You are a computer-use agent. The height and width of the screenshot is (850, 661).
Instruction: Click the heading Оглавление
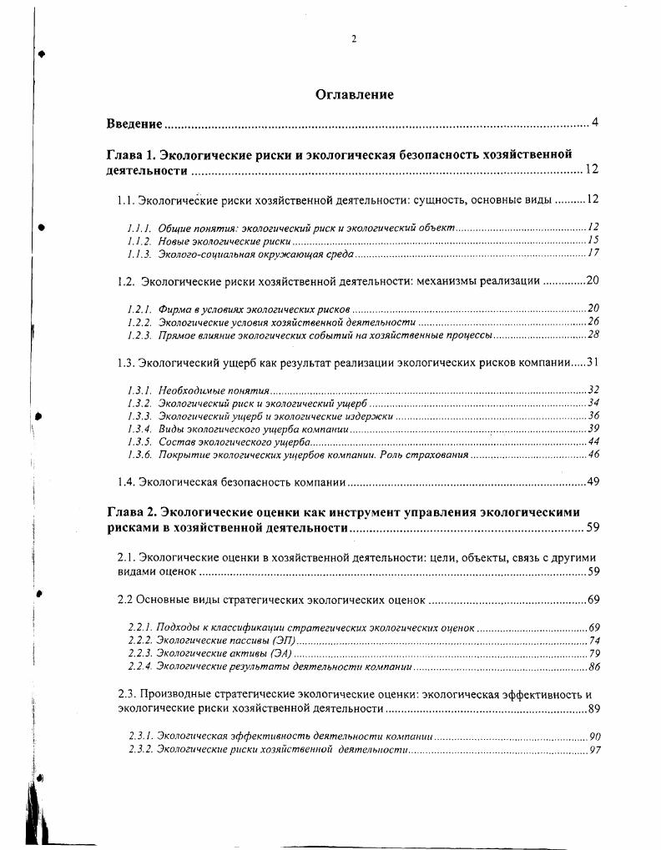354,94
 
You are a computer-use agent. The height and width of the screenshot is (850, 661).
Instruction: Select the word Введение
134,123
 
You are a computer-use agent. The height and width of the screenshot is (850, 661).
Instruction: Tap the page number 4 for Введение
595,123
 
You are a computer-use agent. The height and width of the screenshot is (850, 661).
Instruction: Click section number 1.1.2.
139,240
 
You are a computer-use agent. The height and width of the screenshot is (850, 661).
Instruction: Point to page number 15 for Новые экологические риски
593,240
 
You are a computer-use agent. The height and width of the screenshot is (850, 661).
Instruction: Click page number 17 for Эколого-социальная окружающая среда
593,253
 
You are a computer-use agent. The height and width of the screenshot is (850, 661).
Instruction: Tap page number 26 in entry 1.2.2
593,321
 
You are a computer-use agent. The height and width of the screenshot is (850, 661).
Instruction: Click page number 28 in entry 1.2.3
593,334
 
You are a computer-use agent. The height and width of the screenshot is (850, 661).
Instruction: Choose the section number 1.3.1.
139,390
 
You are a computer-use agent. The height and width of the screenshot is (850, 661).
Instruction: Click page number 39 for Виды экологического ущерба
593,428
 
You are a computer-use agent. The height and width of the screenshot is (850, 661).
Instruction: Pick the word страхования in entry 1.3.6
439,455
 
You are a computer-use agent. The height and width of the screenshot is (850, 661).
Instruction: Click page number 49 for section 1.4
593,481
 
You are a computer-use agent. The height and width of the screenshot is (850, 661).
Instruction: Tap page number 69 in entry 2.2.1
593,627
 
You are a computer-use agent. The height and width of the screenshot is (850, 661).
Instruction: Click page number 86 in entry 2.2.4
593,667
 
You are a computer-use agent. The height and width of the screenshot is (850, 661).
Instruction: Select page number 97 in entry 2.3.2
593,750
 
